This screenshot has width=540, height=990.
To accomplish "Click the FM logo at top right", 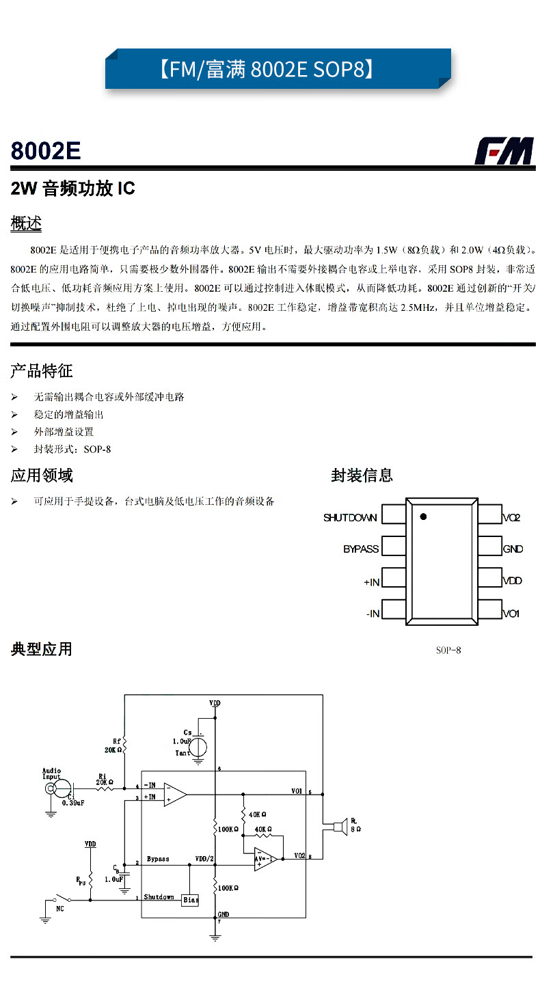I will click(504, 151).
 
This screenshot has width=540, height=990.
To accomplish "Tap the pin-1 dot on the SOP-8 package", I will click(422, 517).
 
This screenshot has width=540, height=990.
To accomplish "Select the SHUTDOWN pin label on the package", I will click(350, 518).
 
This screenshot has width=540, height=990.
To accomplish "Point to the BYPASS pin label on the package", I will click(360, 549).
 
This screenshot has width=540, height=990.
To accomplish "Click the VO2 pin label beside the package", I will click(512, 518).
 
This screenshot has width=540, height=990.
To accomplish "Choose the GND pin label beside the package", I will click(513, 549).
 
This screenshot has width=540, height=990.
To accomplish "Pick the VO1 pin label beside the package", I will click(511, 614).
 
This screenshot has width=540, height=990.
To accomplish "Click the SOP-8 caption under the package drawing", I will click(448, 650).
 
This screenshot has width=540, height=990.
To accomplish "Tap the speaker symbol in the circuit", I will click(335, 827).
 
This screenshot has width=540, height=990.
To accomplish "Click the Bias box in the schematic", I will click(191, 900).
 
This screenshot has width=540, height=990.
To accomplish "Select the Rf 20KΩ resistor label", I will click(113, 745).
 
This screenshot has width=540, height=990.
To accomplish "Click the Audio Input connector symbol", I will click(51, 789).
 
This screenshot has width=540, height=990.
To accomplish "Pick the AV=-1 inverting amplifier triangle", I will click(265, 860).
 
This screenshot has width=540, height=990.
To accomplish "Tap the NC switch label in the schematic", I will click(60, 909).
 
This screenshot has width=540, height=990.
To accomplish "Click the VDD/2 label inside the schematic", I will click(205, 859).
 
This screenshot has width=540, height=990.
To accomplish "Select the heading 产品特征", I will click(41, 372).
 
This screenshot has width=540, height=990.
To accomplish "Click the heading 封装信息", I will click(362, 476).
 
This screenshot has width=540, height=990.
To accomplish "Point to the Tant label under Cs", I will click(183, 753).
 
